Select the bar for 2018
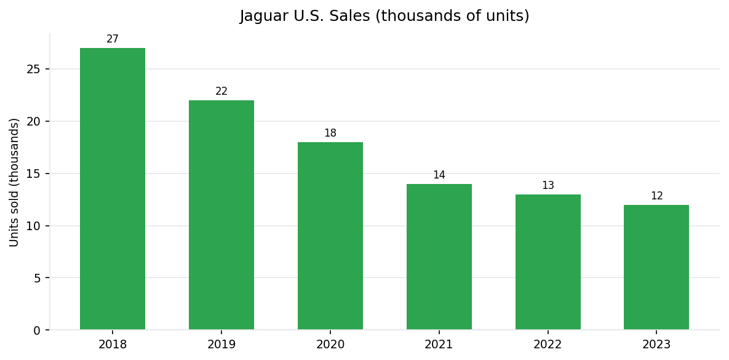113,189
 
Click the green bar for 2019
221,215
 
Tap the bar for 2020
330,236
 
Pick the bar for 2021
439,257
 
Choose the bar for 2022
548,262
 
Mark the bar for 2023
656,267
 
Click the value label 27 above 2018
113,39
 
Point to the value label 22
221,92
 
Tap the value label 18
330,134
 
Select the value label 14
439,175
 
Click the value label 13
548,186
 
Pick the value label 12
656,196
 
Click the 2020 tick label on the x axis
330,345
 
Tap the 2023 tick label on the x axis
656,345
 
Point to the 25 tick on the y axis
33,69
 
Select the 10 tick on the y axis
33,226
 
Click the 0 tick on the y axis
37,330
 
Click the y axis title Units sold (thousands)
15,182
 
